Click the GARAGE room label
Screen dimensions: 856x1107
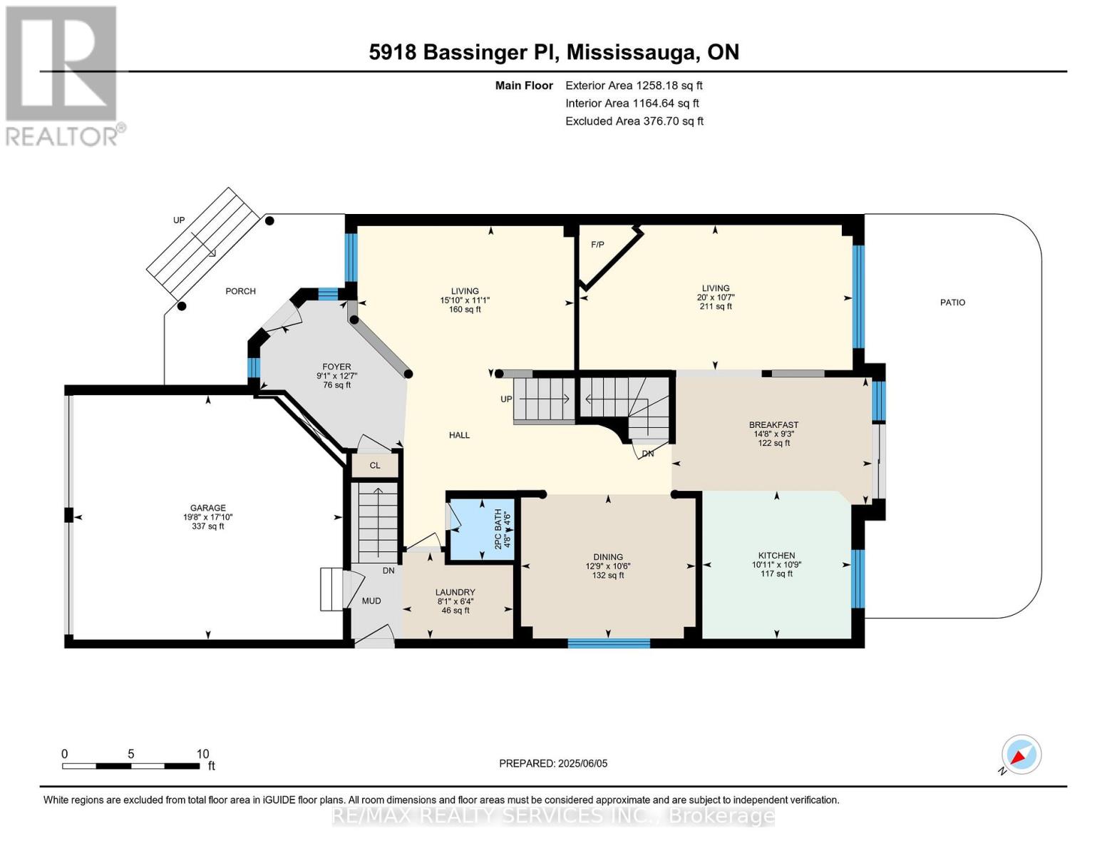coord(207,508)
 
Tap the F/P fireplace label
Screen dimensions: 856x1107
coord(597,245)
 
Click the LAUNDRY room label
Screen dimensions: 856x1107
coord(455,592)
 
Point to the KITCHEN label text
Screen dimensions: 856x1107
coord(776,556)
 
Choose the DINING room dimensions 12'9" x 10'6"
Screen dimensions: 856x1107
coord(608,566)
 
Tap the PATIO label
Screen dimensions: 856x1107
coord(952,302)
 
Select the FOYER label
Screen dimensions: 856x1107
coord(336,367)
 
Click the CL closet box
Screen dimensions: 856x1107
coord(375,465)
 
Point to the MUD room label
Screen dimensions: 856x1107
coord(371,601)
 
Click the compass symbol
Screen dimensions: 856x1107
coord(1021,755)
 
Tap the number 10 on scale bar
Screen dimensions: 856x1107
coord(202,754)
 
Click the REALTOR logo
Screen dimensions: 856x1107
coord(62,75)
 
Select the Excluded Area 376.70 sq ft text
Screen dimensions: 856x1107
coord(634,121)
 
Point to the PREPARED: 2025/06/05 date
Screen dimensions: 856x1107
coord(553,763)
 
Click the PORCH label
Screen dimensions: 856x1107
coord(240,291)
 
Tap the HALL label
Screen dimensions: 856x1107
coord(459,435)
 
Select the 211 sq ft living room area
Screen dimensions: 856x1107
coord(715,307)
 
